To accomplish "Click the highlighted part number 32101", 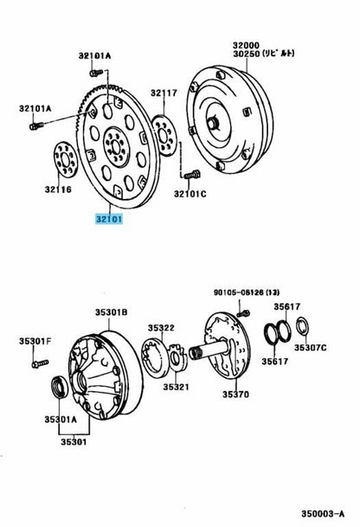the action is [x=109, y=219].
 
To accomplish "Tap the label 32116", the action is [x=58, y=190].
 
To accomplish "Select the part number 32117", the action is [x=164, y=93].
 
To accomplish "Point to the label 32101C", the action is [x=190, y=194].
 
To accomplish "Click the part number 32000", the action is [x=246, y=45].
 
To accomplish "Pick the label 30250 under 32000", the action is [x=246, y=54].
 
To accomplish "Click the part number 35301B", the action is [x=112, y=312].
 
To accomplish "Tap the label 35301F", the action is [x=35, y=341].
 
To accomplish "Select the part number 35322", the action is [x=161, y=327].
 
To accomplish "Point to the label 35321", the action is [x=177, y=387].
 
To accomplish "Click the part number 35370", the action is [x=235, y=394].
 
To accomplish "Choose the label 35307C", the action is [x=311, y=347].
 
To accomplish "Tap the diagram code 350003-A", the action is [x=323, y=513].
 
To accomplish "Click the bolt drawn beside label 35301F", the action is [x=40, y=363].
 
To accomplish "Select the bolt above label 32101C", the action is [x=192, y=175].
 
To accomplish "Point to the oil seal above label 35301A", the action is [x=60, y=387].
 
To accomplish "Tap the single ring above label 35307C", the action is [x=303, y=326].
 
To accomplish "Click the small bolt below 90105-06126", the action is [x=243, y=314].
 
